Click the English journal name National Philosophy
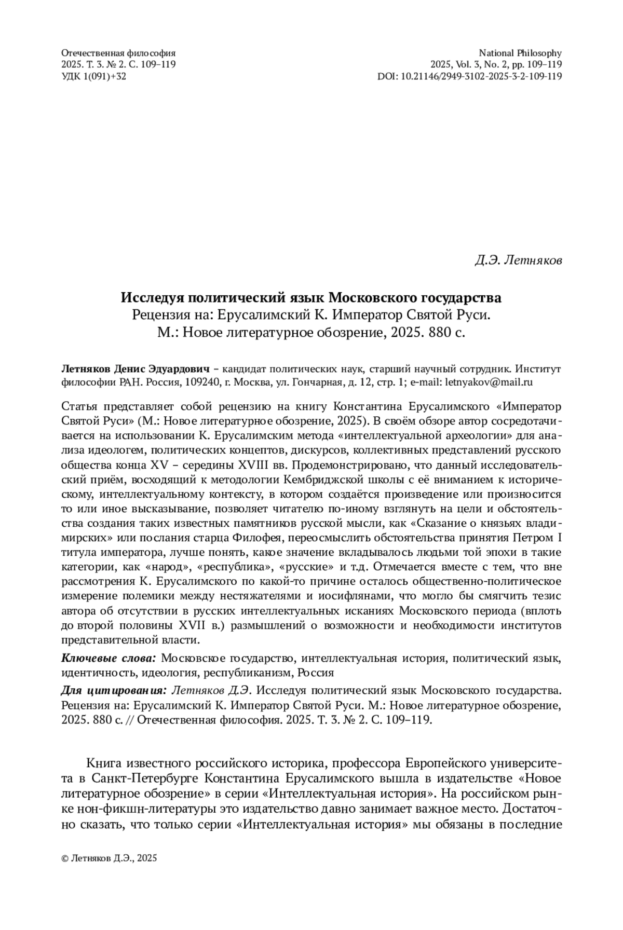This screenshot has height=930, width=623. pos(520,53)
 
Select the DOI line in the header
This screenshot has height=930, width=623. pos(469,76)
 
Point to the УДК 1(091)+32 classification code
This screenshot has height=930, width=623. pos(93,76)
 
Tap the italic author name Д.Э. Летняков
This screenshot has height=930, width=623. pos(518,260)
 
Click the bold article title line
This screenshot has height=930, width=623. pos(311,298)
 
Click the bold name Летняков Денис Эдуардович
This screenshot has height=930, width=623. pos(135,370)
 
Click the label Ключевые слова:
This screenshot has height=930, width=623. pos(109,659)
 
